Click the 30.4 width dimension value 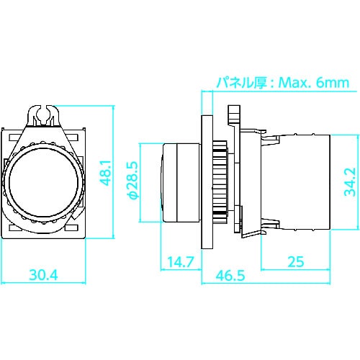click(x=45, y=274)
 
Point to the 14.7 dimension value click(x=179, y=262)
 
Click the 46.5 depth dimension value click(x=230, y=274)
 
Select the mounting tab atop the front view click(x=46, y=114)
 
